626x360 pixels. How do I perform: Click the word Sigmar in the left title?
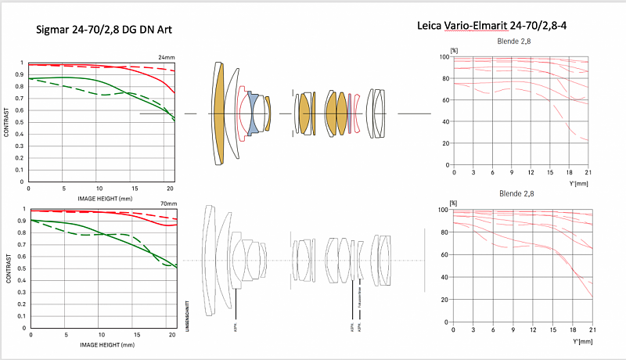[x=57, y=30]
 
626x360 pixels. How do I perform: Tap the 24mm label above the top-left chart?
[x=166, y=57]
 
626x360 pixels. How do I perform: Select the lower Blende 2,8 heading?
[x=516, y=194]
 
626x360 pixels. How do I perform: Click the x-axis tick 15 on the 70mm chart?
[x=135, y=335]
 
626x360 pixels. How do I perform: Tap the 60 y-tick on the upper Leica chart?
[x=444, y=100]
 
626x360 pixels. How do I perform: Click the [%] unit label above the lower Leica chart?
[x=453, y=203]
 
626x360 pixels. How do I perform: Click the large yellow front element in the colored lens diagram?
[x=219, y=113]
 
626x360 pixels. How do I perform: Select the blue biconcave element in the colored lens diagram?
[x=253, y=113]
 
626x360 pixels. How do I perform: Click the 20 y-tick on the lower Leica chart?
[x=444, y=300]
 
